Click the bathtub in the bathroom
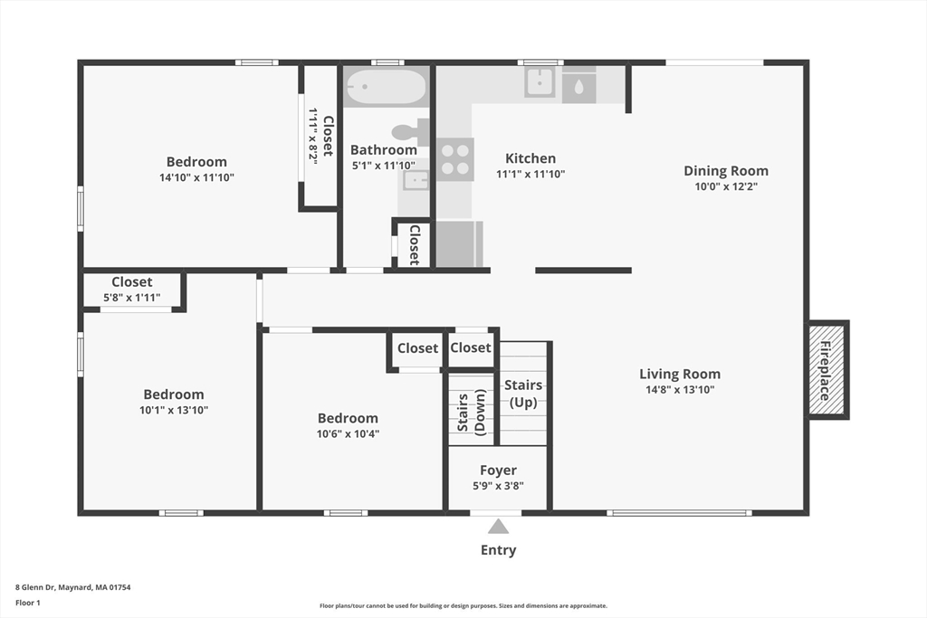pyautogui.click(x=386, y=87)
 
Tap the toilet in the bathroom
pyautogui.click(x=410, y=132)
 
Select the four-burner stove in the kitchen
pyautogui.click(x=455, y=159)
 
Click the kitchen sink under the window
pyautogui.click(x=540, y=82)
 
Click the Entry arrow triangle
pyautogui.click(x=499, y=526)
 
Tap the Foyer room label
pyautogui.click(x=499, y=471)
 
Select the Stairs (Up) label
pyautogui.click(x=523, y=394)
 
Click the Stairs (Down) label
pyautogui.click(x=471, y=413)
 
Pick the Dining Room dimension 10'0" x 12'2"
pyautogui.click(x=726, y=186)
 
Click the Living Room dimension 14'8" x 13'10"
pyautogui.click(x=680, y=389)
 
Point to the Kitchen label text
pyautogui.click(x=530, y=158)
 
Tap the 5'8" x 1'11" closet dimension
pyautogui.click(x=132, y=298)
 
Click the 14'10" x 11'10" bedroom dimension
pyautogui.click(x=196, y=177)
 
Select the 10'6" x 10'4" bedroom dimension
pyautogui.click(x=348, y=433)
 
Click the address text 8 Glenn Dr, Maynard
pyautogui.click(x=53, y=587)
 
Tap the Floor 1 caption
pyautogui.click(x=28, y=603)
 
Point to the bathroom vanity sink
pyautogui.click(x=416, y=180)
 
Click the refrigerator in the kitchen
pyautogui.click(x=459, y=244)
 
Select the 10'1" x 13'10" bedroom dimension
pyautogui.click(x=174, y=410)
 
